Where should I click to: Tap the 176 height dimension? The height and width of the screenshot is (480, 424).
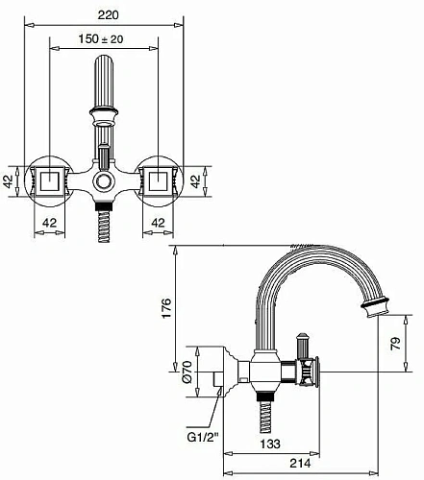tap(165, 308)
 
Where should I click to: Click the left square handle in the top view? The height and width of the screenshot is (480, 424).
tap(50, 180)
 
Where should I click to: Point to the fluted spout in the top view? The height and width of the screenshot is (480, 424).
tap(104, 96)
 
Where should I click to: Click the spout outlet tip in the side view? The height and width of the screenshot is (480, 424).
tap(375, 308)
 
